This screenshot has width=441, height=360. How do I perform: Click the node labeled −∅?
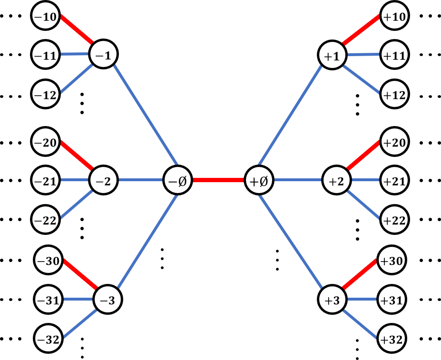[177, 181]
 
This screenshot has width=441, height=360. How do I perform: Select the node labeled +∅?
[259, 181]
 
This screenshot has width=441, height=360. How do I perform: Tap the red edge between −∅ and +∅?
[218, 181]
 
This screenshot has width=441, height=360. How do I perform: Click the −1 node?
[103, 55]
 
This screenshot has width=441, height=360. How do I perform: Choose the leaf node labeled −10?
[46, 17]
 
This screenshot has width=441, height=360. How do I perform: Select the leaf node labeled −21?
[46, 181]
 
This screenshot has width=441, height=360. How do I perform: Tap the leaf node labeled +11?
[394, 56]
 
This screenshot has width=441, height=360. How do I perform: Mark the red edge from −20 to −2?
[76, 155]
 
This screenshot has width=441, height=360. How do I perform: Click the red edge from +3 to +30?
[362, 273]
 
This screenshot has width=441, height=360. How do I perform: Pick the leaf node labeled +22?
[394, 220]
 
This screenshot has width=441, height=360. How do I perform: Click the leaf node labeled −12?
[46, 95]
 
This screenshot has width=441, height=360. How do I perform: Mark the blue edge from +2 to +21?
[365, 181]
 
